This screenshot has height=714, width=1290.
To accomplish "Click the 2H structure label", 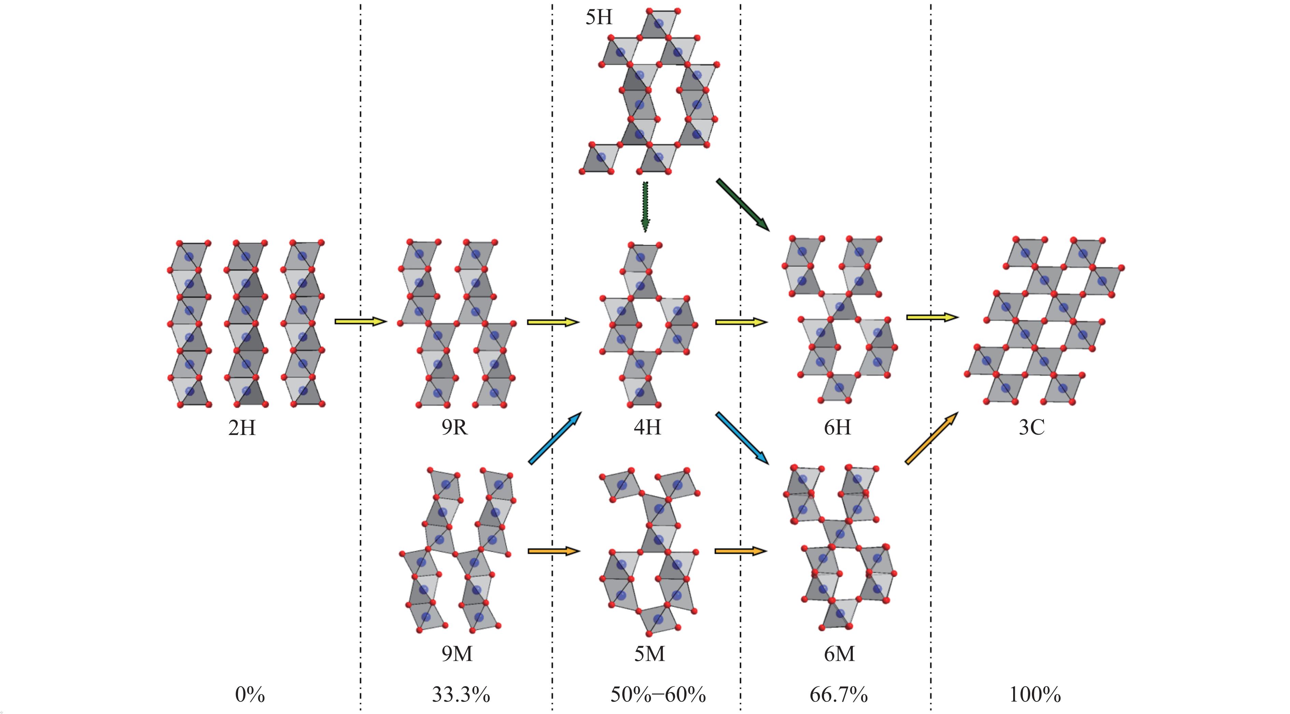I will [x=242, y=428].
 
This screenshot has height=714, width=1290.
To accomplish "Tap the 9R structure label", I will [x=455, y=428].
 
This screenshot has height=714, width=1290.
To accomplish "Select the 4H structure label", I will [x=647, y=428].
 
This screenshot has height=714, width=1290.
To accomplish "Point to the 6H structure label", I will [x=837, y=428].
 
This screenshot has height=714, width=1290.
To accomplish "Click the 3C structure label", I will [x=1032, y=428].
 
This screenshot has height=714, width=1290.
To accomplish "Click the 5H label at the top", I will [x=599, y=17].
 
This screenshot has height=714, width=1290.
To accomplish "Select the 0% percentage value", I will [x=250, y=695].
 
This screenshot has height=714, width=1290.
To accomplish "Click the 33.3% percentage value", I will [x=461, y=695].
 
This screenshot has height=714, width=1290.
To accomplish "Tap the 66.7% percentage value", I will [x=838, y=695].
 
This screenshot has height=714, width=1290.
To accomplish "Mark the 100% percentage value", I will [x=1035, y=695].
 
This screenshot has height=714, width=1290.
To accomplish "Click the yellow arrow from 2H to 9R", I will [x=360, y=321].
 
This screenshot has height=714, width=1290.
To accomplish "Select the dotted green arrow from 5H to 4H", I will [x=645, y=207].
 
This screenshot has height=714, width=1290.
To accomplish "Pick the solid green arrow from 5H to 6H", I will [x=743, y=205].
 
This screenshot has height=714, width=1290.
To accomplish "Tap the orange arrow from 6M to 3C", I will [x=932, y=438].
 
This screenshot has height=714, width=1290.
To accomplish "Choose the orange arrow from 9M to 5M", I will [x=553, y=551].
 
